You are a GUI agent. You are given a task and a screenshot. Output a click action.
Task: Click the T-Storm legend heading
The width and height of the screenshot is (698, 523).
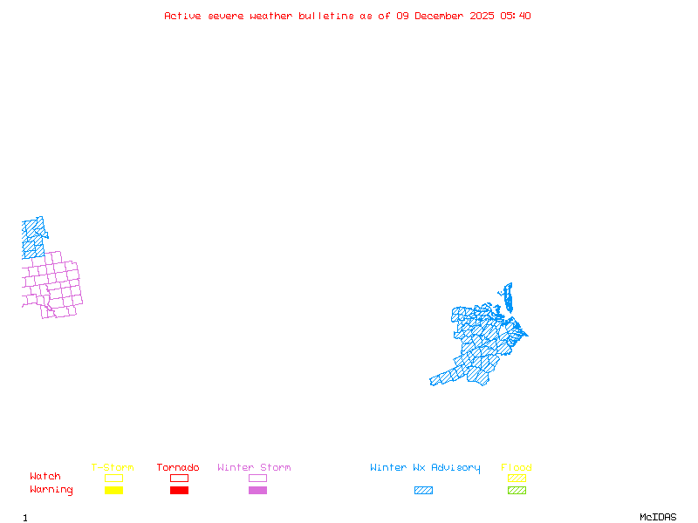coord(113,468)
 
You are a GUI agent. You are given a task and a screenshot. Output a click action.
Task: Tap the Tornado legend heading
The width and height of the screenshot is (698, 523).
coord(178,468)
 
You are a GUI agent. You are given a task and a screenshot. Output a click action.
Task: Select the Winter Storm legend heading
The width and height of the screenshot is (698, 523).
coord(254,468)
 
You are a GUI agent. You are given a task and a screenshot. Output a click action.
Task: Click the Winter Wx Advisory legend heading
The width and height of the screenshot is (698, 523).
coord(425,468)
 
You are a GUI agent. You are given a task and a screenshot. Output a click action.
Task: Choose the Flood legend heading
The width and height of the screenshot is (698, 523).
coord(517,468)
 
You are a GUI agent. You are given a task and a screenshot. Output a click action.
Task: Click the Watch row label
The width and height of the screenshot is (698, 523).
coord(45,477)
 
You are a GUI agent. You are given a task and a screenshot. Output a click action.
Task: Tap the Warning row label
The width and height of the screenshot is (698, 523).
coord(51,490)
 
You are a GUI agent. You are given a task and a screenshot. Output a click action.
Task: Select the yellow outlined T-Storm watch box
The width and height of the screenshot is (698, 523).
coord(113,478)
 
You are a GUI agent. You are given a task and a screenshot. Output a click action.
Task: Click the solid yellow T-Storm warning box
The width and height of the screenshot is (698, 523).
coord(113,490)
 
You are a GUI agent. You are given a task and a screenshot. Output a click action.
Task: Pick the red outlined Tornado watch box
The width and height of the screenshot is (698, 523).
coord(179,478)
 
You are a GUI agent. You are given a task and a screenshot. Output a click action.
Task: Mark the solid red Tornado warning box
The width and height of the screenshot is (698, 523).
coord(179,490)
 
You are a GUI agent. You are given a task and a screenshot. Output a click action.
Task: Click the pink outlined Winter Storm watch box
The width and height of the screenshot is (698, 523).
coord(257,478)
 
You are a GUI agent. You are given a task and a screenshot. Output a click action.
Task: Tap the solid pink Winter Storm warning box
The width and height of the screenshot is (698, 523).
coord(257,490)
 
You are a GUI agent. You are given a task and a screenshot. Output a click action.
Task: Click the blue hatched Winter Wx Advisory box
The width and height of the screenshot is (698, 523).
coord(423,490)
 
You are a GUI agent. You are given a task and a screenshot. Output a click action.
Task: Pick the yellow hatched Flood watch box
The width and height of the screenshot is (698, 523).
coord(517,478)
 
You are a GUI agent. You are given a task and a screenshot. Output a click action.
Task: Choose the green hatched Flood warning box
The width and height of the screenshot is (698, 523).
coord(517,490)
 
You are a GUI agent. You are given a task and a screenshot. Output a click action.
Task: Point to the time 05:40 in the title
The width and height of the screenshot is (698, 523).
coord(516,16)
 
